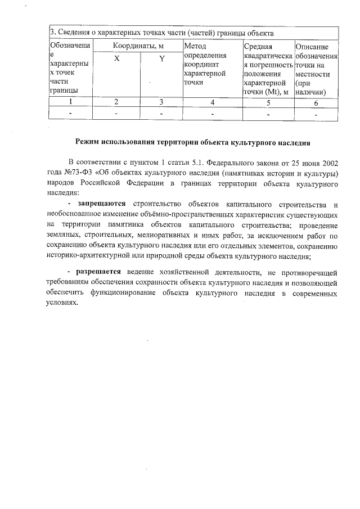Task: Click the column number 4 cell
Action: click(x=212, y=102)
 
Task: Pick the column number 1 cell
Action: click(x=70, y=102)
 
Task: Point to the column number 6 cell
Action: click(x=316, y=102)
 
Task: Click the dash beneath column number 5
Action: click(x=268, y=114)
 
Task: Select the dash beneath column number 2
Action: click(x=116, y=114)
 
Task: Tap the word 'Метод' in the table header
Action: click(x=195, y=46)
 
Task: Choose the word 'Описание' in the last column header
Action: click(x=316, y=46)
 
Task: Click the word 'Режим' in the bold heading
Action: click(x=90, y=142)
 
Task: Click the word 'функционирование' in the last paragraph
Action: click(x=115, y=292)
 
